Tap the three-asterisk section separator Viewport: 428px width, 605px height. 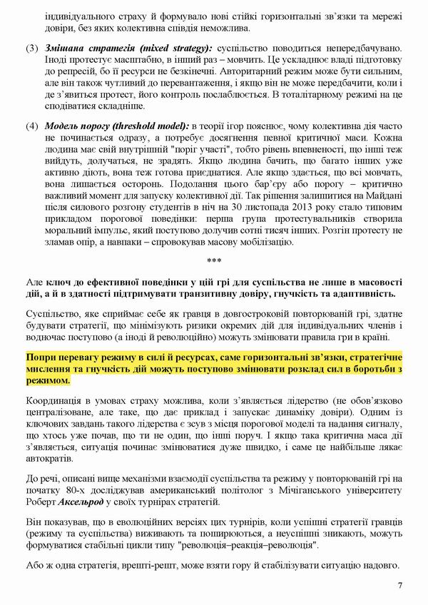pyautogui.click(x=214, y=260)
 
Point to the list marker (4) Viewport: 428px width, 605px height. pyautogui.click(x=32, y=126)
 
